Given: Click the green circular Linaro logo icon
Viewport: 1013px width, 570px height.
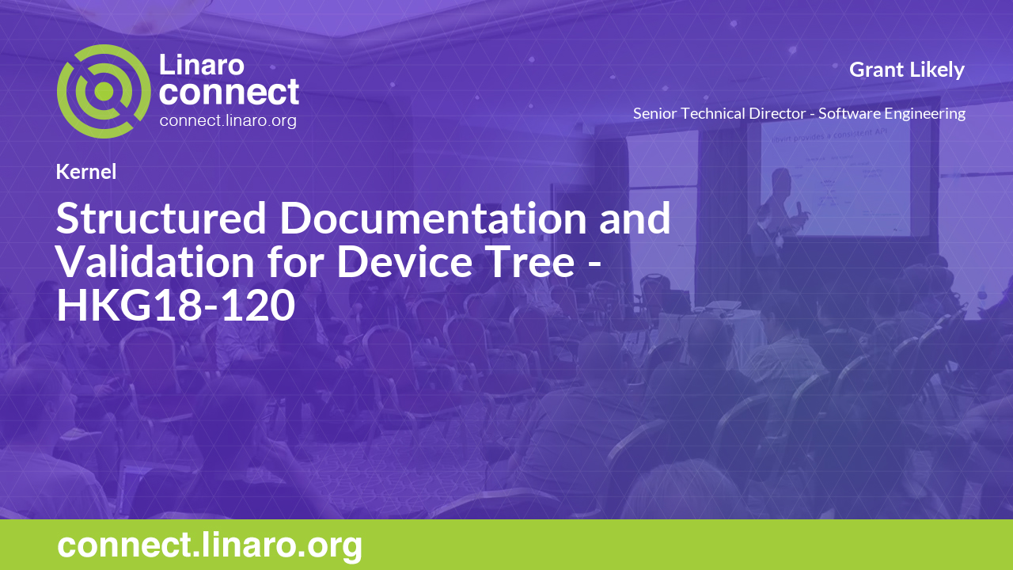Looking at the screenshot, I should coord(104,91).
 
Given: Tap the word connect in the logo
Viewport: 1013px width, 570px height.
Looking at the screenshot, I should coord(229,92).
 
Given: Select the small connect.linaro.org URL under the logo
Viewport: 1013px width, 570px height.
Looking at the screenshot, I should coord(228,121).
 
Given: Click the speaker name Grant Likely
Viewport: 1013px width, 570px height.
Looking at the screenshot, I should coord(906,70).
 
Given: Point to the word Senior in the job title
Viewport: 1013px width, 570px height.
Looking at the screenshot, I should coord(657,113).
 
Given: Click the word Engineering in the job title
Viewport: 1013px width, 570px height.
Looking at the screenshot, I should coord(927,113).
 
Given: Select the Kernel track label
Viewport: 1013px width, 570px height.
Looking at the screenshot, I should coord(86,172).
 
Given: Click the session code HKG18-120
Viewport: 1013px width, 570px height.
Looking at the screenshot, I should coord(175,306).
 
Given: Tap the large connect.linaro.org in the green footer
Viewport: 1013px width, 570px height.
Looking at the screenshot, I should coord(210,546).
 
